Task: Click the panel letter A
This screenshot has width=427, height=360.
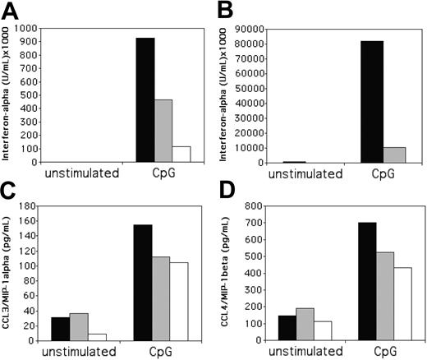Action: [11, 11]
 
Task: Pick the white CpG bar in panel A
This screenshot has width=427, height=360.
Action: [180, 155]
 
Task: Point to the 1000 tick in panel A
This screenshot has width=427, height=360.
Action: [26, 29]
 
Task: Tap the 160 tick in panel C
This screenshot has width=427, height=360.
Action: [31, 220]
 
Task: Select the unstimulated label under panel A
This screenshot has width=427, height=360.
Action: [80, 173]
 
